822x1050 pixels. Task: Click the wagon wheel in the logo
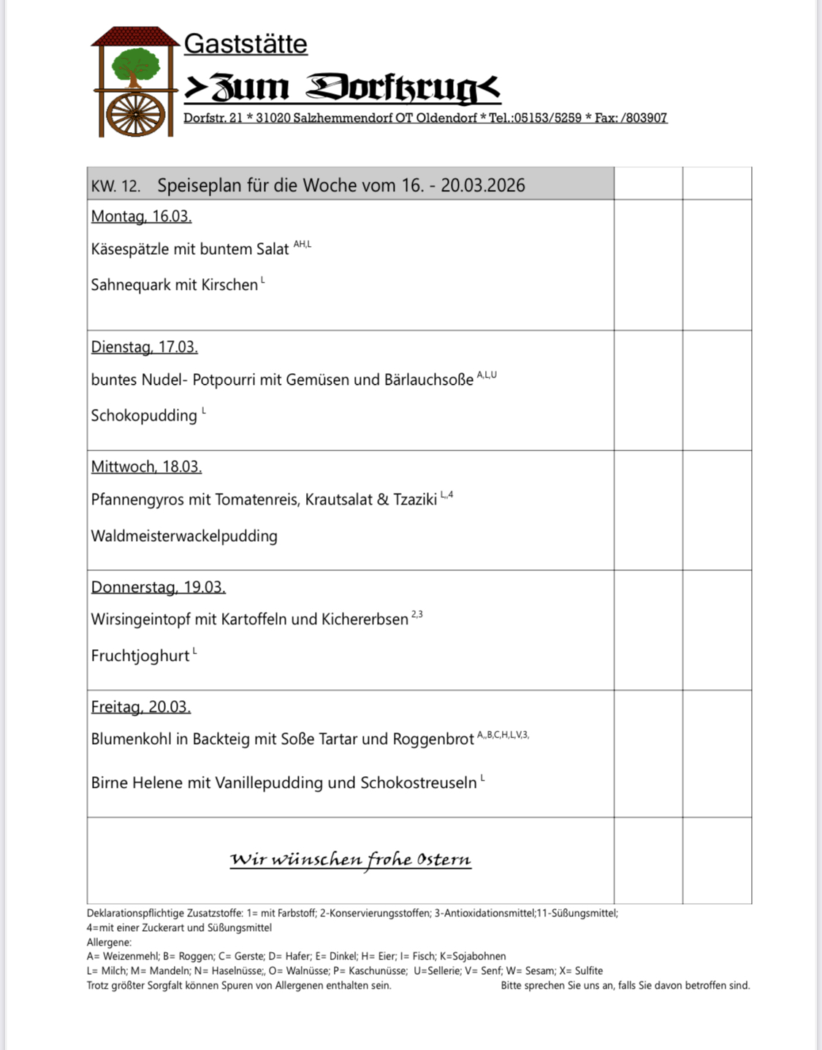coord(135,115)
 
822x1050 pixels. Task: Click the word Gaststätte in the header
coord(246,44)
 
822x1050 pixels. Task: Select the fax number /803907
coord(642,118)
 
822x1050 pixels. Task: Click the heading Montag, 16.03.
coord(141,216)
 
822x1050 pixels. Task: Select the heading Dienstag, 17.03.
coord(144,347)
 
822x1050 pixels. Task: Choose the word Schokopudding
coord(144,415)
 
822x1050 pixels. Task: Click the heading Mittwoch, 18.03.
coord(146,467)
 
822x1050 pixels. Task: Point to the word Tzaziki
coord(415,499)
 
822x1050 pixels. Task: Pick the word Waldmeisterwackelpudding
coord(184,536)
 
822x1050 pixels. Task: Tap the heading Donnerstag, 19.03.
coord(158,587)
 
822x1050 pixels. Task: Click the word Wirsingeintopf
coord(140,619)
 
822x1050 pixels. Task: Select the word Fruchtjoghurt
coord(140,656)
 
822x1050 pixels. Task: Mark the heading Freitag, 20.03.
coord(140,707)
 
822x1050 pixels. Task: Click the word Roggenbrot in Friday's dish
coord(433,739)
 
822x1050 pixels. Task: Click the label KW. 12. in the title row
coord(115,185)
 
